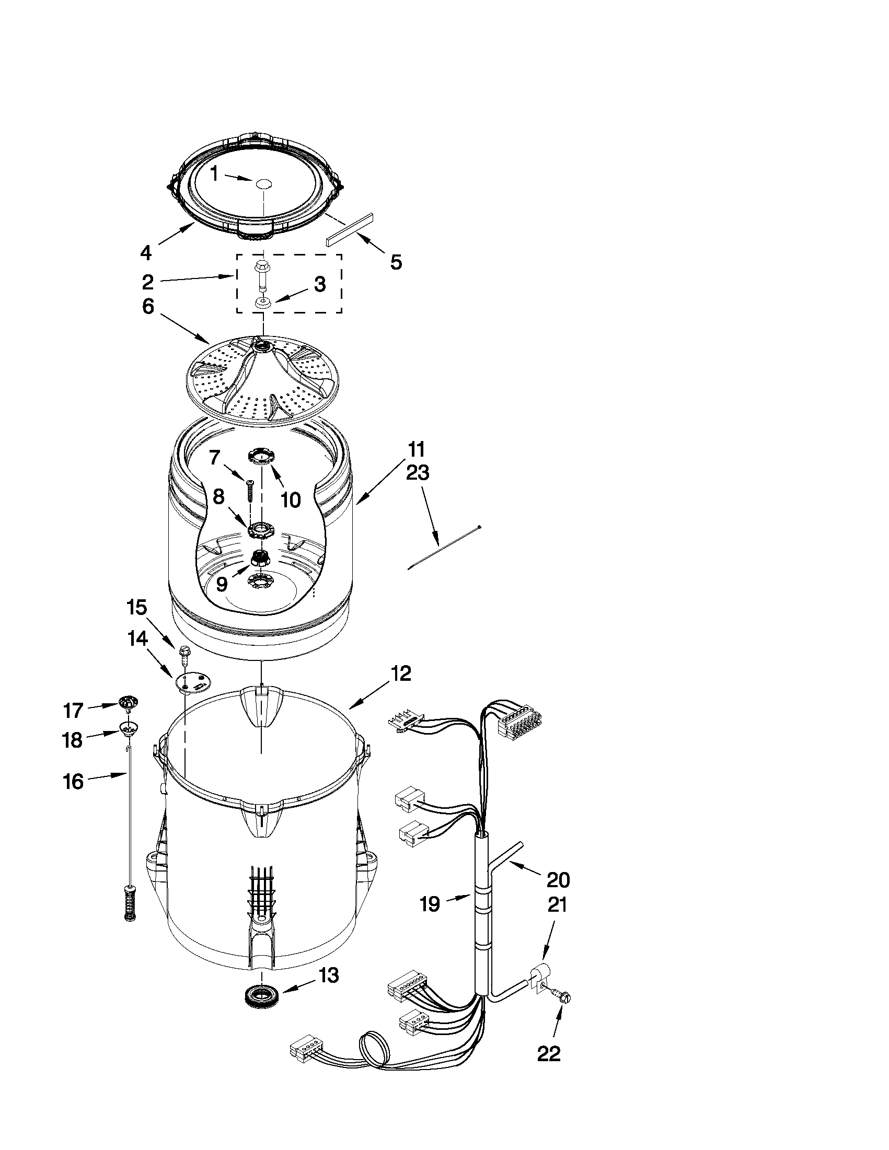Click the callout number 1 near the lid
[x=214, y=173]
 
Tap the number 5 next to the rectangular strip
[x=396, y=262]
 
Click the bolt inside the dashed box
[x=261, y=275]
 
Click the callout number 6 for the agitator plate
[x=148, y=307]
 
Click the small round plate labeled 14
[x=193, y=682]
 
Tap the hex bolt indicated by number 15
[x=186, y=653]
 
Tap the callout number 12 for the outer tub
[x=401, y=673]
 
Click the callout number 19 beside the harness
[x=430, y=904]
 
